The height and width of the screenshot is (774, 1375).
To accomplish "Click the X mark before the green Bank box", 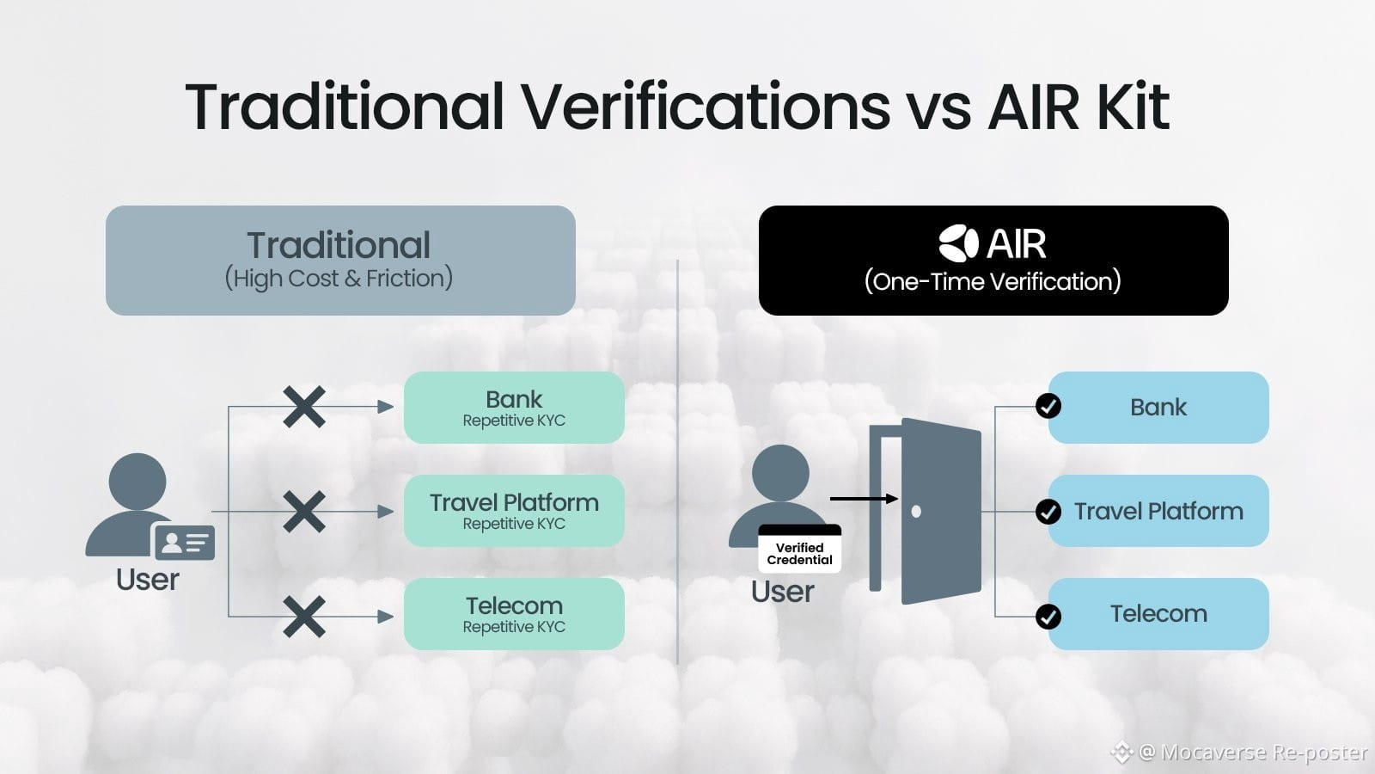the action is [304, 407].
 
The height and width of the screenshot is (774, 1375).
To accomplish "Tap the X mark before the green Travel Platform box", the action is [304, 511].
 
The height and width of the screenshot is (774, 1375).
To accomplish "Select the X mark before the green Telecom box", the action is [304, 616].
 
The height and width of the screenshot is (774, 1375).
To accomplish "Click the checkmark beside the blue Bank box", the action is [1048, 406].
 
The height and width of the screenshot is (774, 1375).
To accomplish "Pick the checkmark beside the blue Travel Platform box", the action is [1048, 511].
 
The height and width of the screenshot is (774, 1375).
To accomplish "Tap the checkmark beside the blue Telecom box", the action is [1048, 616].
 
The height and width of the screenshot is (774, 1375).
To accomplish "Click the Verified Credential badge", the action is [800, 549].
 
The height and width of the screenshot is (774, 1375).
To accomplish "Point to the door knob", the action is [916, 511].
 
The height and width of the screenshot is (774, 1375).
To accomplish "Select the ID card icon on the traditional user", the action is [185, 542].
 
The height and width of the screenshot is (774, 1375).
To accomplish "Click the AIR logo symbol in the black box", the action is [959, 244].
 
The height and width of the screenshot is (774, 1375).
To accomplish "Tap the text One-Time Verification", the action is [993, 281].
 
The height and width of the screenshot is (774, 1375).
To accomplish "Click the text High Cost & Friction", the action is [339, 279].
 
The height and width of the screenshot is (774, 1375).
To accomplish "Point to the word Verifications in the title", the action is [706, 107].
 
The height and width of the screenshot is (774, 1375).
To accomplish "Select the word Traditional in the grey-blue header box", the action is [339, 245].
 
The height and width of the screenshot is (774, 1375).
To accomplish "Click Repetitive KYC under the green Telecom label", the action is [515, 627].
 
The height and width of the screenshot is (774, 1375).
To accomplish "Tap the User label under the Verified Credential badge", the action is [783, 592].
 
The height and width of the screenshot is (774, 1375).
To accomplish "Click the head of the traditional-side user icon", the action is [137, 482].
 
